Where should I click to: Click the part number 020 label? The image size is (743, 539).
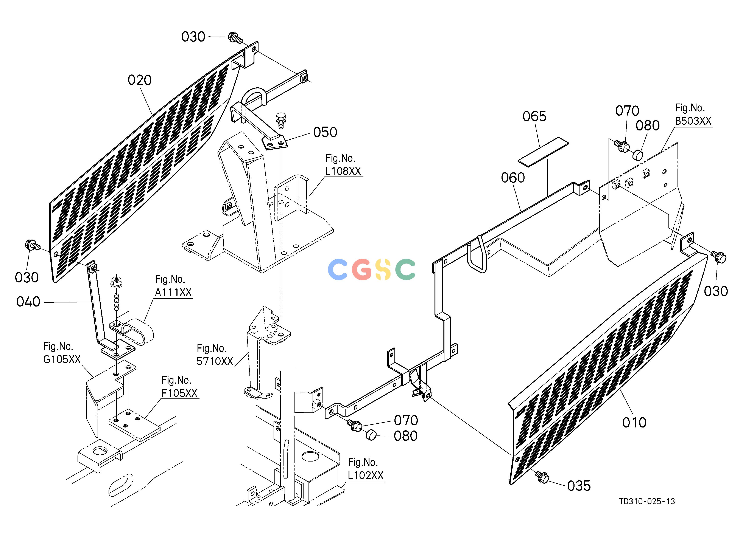pyautogui.click(x=140, y=80)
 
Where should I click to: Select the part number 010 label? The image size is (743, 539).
pyautogui.click(x=634, y=423)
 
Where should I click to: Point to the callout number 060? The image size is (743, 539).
pyautogui.click(x=513, y=178)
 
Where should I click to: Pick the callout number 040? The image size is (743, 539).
pyautogui.click(x=28, y=302)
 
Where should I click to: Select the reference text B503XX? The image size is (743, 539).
pyautogui.click(x=693, y=121)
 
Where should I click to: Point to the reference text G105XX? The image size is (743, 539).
pyautogui.click(x=62, y=359)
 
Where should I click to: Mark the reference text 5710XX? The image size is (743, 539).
pyautogui.click(x=215, y=361)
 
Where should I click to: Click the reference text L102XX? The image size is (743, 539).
pyautogui.click(x=366, y=475)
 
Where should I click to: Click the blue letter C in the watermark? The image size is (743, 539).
pyautogui.click(x=337, y=269)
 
